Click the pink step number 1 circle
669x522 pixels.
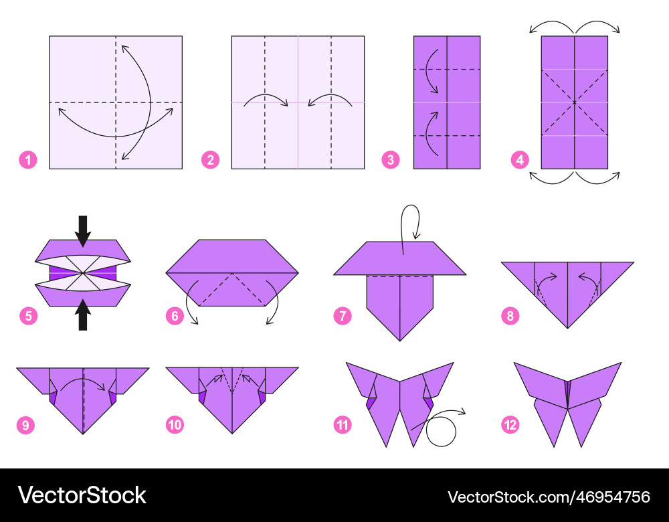28,161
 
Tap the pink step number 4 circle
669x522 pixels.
520,161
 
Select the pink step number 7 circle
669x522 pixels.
343,317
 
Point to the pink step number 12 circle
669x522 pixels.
510,425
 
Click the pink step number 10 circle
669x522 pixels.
175,425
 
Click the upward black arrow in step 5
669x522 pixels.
83,315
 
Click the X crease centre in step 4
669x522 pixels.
575,102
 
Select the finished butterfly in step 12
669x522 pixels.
567,404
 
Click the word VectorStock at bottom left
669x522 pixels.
82,495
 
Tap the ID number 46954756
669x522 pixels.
612,497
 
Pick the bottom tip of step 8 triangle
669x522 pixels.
567,328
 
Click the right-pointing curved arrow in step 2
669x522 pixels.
266,97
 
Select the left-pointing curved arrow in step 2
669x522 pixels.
330,97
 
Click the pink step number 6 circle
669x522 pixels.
175,317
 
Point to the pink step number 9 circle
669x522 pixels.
25,425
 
